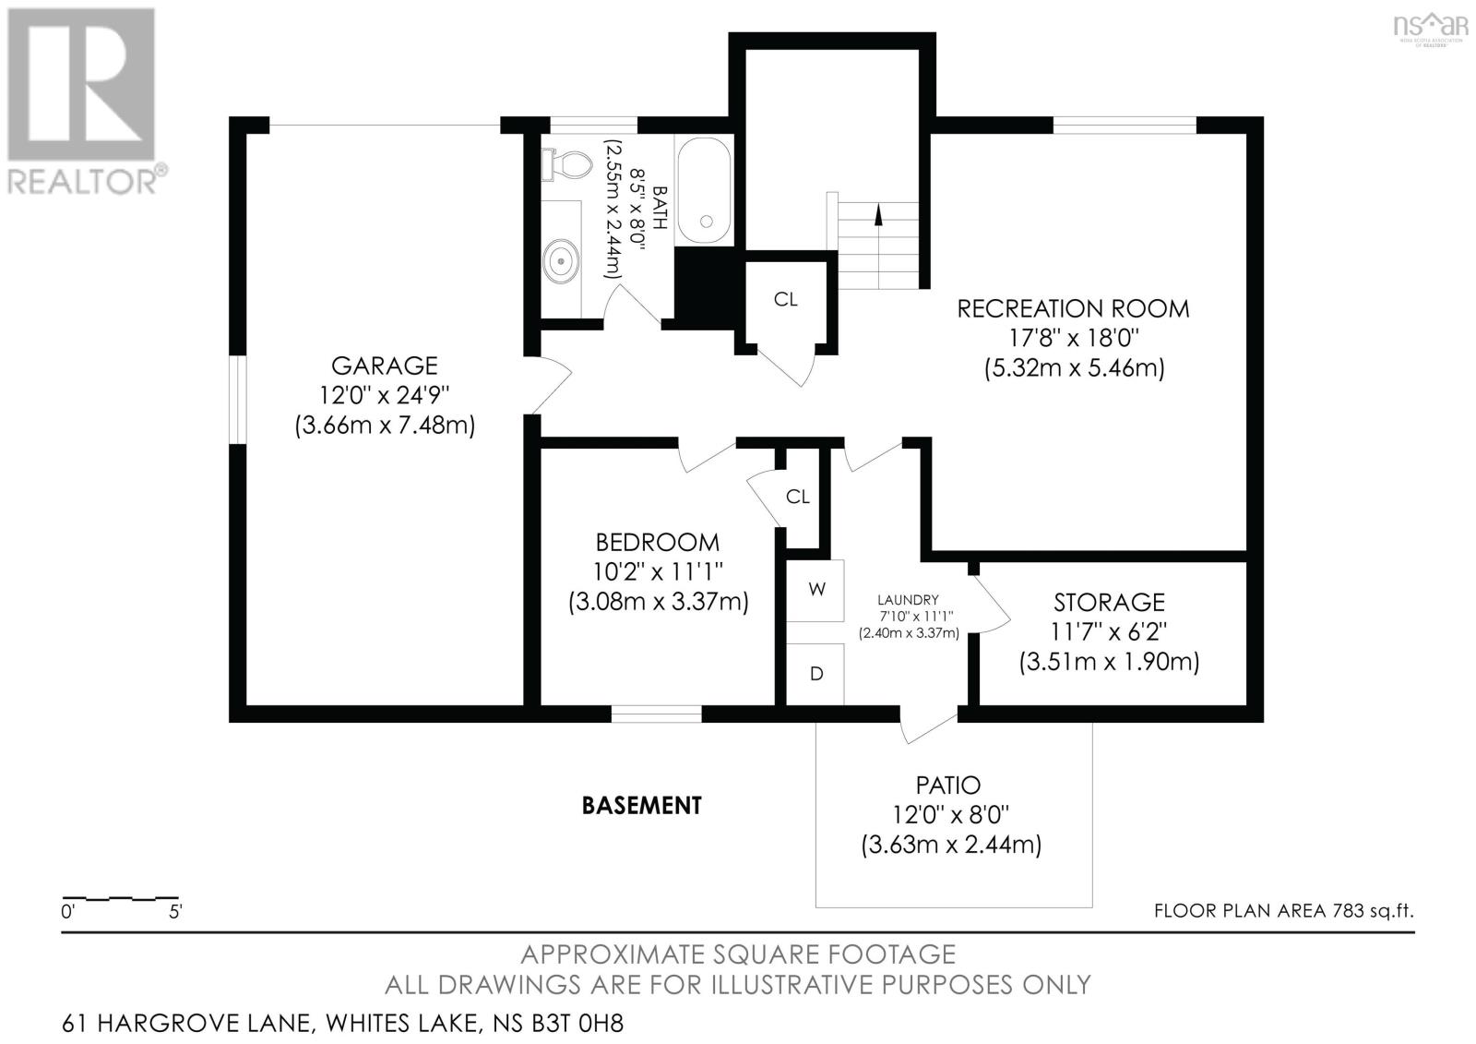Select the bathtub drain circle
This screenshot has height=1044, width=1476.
coord(708,222)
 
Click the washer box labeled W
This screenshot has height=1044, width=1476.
coord(816,589)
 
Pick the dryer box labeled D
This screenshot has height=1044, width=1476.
coord(815,674)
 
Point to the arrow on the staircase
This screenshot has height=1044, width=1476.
coord(878,214)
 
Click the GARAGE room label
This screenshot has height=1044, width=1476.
coord(385,366)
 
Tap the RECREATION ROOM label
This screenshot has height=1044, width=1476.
coord(1073,308)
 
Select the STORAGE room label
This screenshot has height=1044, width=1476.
coord(1109,602)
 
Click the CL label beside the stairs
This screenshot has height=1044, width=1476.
coord(786,299)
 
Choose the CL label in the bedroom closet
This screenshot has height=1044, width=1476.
coord(798,497)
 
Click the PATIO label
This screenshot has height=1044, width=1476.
coord(948,786)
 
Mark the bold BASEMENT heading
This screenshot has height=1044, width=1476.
coord(642,806)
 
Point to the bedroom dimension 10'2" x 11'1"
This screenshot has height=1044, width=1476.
coord(658,572)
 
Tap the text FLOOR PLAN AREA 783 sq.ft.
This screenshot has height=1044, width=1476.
coord(1283,911)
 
